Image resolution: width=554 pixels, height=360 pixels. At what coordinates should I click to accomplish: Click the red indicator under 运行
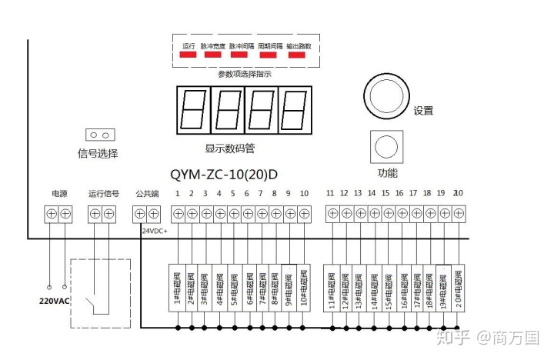click(189, 55)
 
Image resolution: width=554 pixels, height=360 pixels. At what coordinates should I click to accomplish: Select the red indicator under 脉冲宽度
click(212, 55)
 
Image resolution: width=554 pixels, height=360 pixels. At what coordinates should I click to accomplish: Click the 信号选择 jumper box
click(98, 135)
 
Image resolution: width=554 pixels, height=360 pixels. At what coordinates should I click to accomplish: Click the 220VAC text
click(54, 301)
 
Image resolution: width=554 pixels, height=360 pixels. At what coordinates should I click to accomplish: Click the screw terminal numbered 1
click(178, 213)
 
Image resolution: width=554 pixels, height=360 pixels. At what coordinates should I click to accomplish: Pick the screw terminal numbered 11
click(332, 213)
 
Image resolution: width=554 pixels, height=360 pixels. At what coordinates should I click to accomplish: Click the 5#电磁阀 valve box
click(233, 288)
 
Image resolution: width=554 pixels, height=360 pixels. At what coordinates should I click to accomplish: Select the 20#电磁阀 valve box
click(458, 288)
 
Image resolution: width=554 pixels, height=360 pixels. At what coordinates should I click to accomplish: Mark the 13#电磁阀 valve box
click(359, 288)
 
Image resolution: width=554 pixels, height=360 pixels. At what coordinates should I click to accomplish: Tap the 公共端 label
click(146, 193)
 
